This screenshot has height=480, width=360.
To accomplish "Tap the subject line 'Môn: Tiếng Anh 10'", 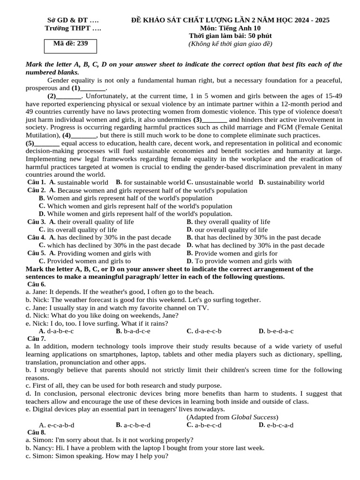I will point(230,28).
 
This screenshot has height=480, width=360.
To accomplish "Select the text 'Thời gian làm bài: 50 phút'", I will point(230,36).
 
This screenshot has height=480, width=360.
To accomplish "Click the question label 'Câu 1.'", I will point(37,182).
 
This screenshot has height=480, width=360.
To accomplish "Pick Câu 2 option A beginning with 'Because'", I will point(148,190).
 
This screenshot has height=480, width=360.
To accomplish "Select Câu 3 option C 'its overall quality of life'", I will point(78,230).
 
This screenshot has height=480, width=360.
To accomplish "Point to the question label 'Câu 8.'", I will point(37,432).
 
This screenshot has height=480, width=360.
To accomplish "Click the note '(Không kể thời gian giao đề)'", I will point(230,44).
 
